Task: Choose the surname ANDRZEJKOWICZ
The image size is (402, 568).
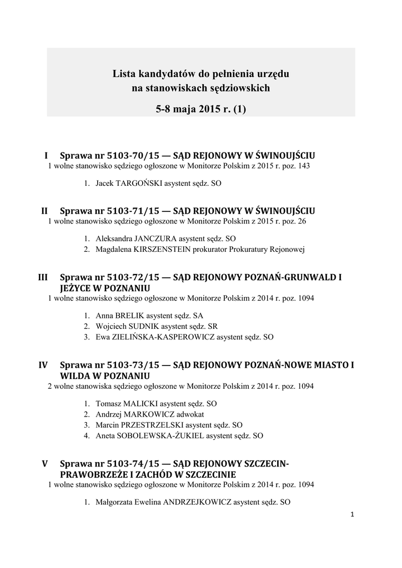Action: [x=197, y=503]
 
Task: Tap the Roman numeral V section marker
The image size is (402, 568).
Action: [x=45, y=463]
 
